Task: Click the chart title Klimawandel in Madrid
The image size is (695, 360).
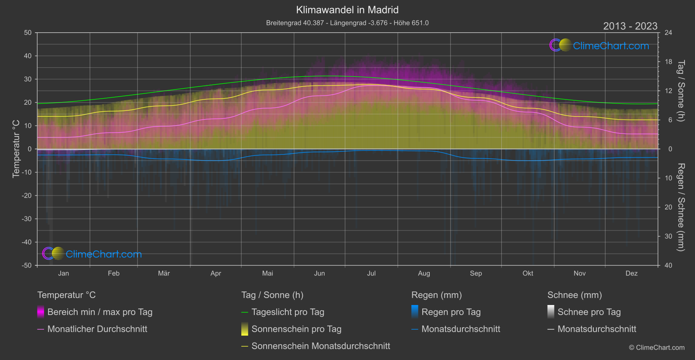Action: tap(347, 10)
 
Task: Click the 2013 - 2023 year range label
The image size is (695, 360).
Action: tap(630, 26)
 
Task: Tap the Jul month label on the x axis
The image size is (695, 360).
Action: tap(371, 274)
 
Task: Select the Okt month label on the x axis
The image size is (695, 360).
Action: tap(528, 274)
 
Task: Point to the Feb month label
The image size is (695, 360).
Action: tap(113, 274)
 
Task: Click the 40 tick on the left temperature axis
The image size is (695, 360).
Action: tap(28, 56)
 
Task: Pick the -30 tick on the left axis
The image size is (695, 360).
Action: tap(27, 219)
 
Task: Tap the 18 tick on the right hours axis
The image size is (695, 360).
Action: tap(668, 62)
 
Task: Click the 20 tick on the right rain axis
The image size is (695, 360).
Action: tap(668, 207)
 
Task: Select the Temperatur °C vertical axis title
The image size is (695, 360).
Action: tap(16, 149)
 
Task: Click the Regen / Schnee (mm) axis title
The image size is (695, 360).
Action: tap(681, 207)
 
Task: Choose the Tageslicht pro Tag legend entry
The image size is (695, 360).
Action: tap(288, 312)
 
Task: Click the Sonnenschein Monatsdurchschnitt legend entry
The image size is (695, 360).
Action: tap(321, 346)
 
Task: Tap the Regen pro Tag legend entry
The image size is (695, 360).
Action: tap(451, 312)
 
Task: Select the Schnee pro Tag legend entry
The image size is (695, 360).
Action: tap(589, 312)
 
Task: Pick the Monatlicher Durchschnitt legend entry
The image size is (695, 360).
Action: tap(97, 329)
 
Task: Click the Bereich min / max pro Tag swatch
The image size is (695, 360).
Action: tap(41, 312)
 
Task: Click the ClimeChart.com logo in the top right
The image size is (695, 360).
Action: tap(599, 45)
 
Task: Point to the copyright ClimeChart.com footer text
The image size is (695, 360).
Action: tap(657, 348)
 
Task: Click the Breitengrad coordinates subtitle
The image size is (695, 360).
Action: tap(347, 23)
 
